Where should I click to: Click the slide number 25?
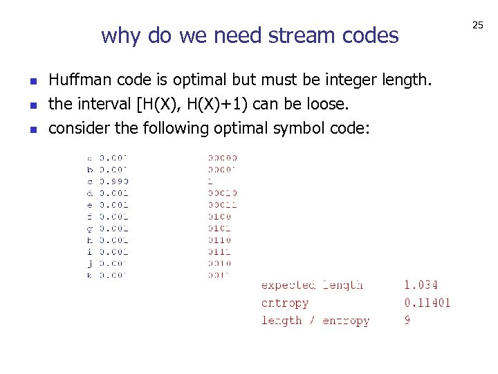(x=477, y=25)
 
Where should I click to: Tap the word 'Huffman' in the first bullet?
(x=78, y=80)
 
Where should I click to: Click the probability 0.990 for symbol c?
(x=114, y=181)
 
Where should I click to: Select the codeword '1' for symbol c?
(x=210, y=181)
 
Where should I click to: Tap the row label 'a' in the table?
(x=90, y=158)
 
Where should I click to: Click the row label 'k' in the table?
(x=90, y=276)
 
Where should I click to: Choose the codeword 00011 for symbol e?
(x=223, y=205)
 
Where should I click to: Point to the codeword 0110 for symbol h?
(x=220, y=240)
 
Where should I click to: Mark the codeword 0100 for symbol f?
(x=220, y=217)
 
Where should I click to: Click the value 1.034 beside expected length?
(x=421, y=285)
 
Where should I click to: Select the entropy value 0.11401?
(x=427, y=303)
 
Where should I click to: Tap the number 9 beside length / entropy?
(x=407, y=321)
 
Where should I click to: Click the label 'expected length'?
(x=312, y=285)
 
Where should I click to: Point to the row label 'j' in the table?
(x=90, y=264)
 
